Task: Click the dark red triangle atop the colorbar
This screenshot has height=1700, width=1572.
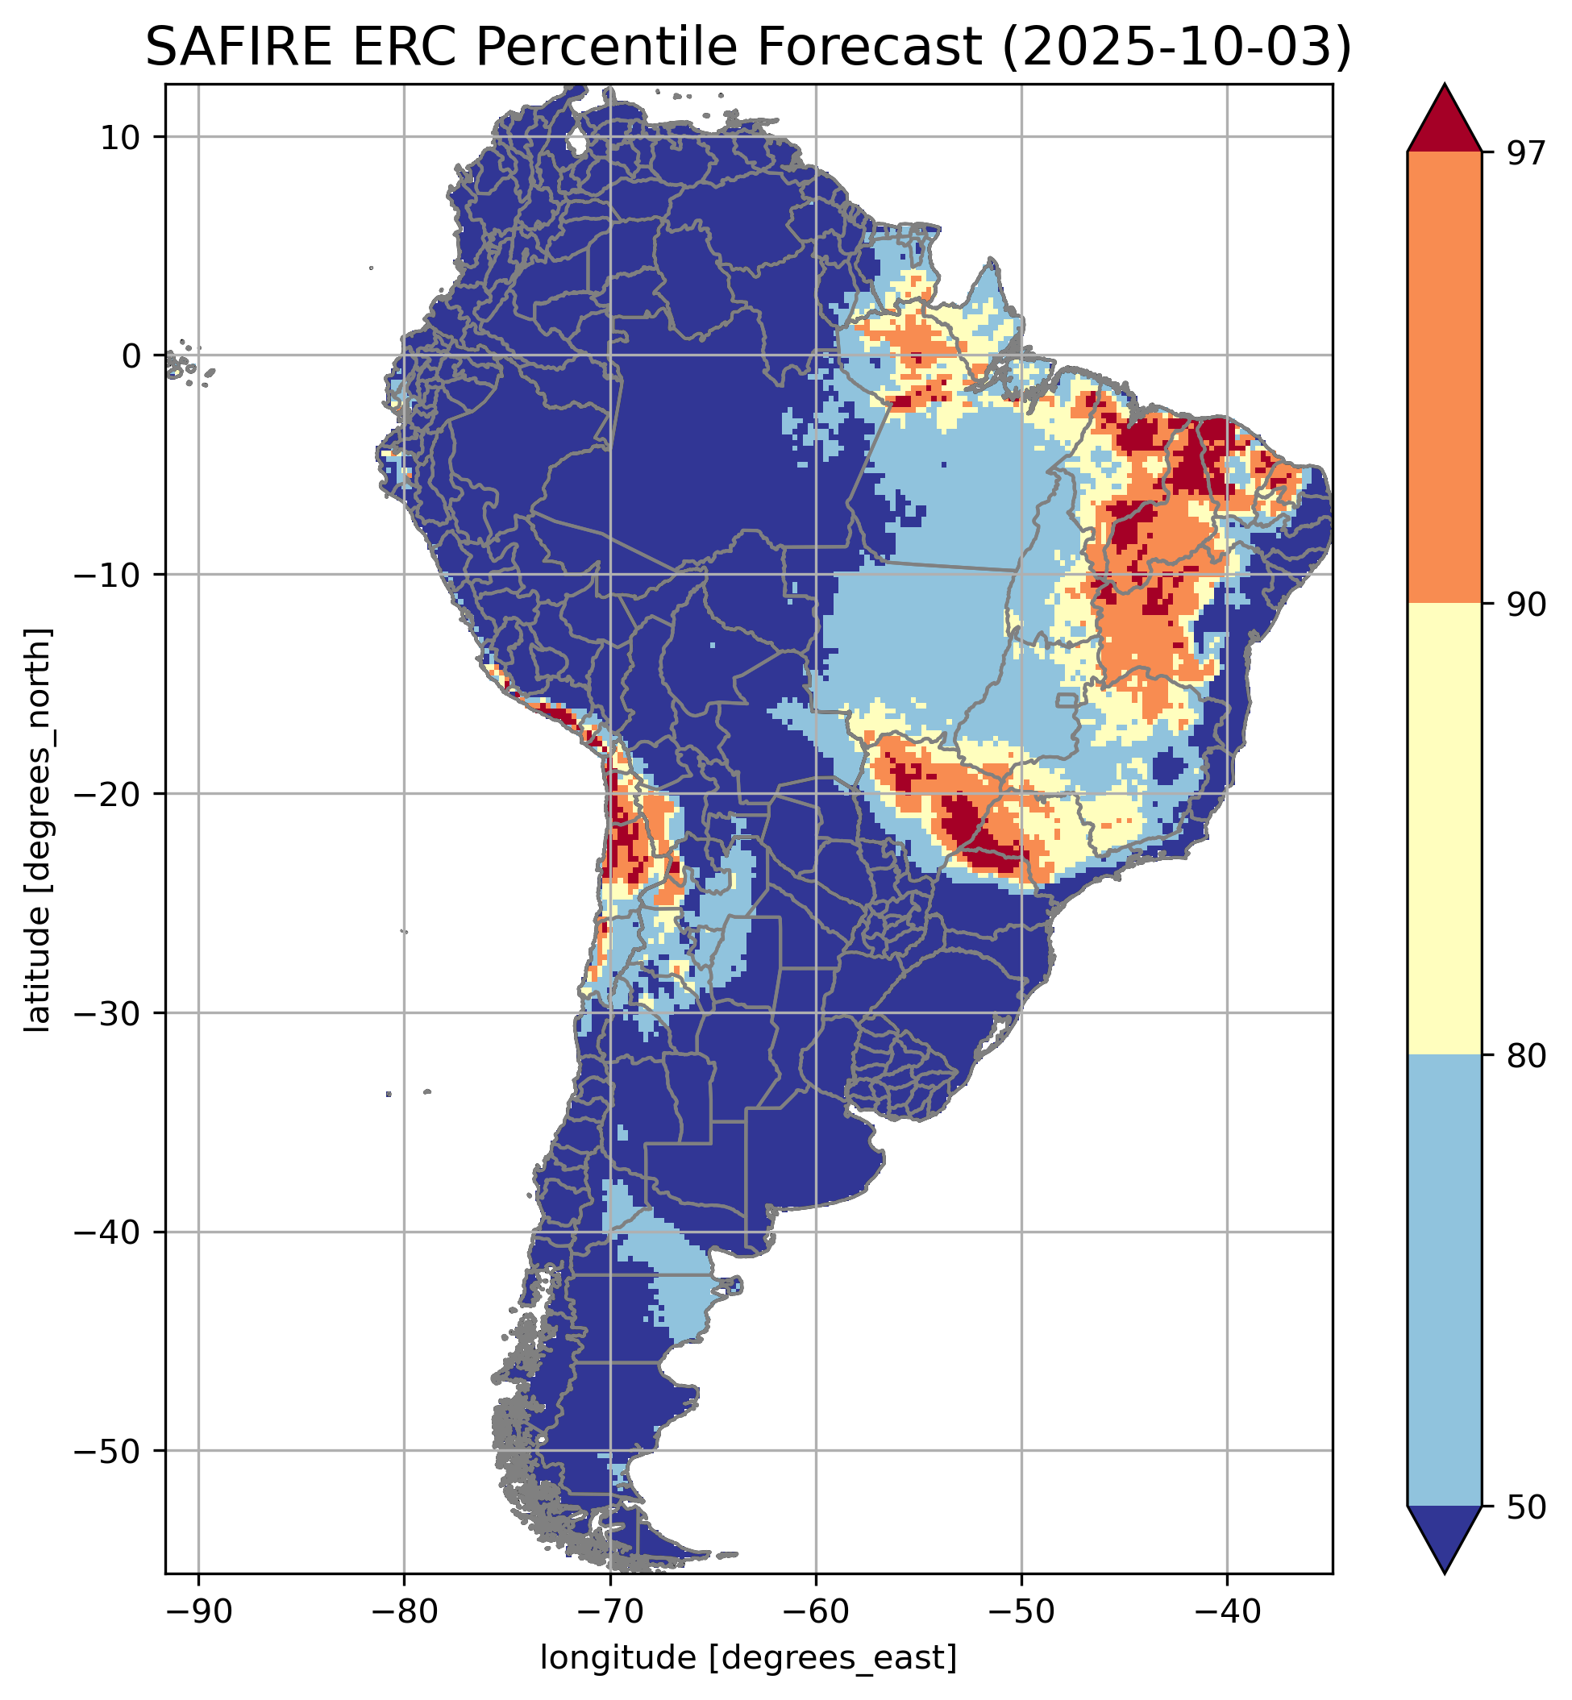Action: point(1445,123)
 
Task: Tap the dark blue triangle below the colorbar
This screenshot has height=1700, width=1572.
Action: point(1445,1535)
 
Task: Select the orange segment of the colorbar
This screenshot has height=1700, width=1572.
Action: point(1445,378)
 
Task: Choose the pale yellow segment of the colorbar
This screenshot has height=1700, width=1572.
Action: point(1445,829)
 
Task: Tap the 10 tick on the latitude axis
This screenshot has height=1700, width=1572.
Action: point(121,137)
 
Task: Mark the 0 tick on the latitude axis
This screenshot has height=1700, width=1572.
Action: point(130,355)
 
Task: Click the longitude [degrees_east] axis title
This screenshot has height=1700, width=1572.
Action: point(748,1658)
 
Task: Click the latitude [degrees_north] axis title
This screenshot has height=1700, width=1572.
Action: point(38,830)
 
